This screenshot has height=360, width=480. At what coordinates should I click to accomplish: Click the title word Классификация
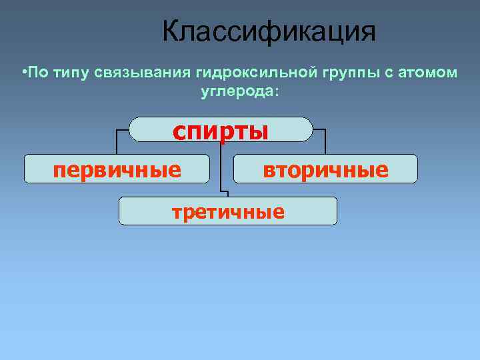269,32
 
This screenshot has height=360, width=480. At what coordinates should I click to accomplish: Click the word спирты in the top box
221,130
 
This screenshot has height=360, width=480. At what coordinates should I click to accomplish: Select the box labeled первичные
117,169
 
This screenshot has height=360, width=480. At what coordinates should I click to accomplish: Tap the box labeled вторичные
325,169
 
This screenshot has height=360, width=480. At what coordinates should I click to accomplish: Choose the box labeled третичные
228,211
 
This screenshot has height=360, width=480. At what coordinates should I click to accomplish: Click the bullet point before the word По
23,72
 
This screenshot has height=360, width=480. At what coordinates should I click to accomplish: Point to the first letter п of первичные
59,171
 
